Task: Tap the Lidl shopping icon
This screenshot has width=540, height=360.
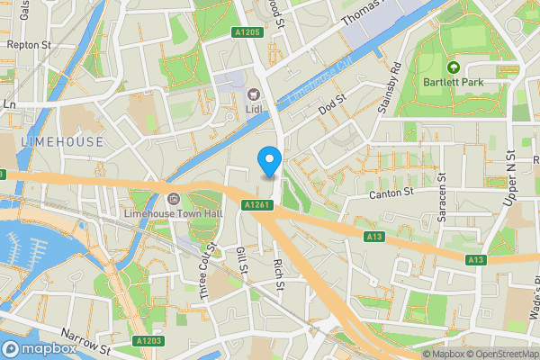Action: (x=254, y=93)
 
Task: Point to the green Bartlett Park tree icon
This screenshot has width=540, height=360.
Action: (x=454, y=67)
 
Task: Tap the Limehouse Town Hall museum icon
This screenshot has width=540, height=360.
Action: (x=174, y=199)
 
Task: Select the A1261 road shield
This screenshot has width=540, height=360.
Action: (x=256, y=205)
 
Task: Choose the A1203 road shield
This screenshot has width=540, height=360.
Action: (x=148, y=341)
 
